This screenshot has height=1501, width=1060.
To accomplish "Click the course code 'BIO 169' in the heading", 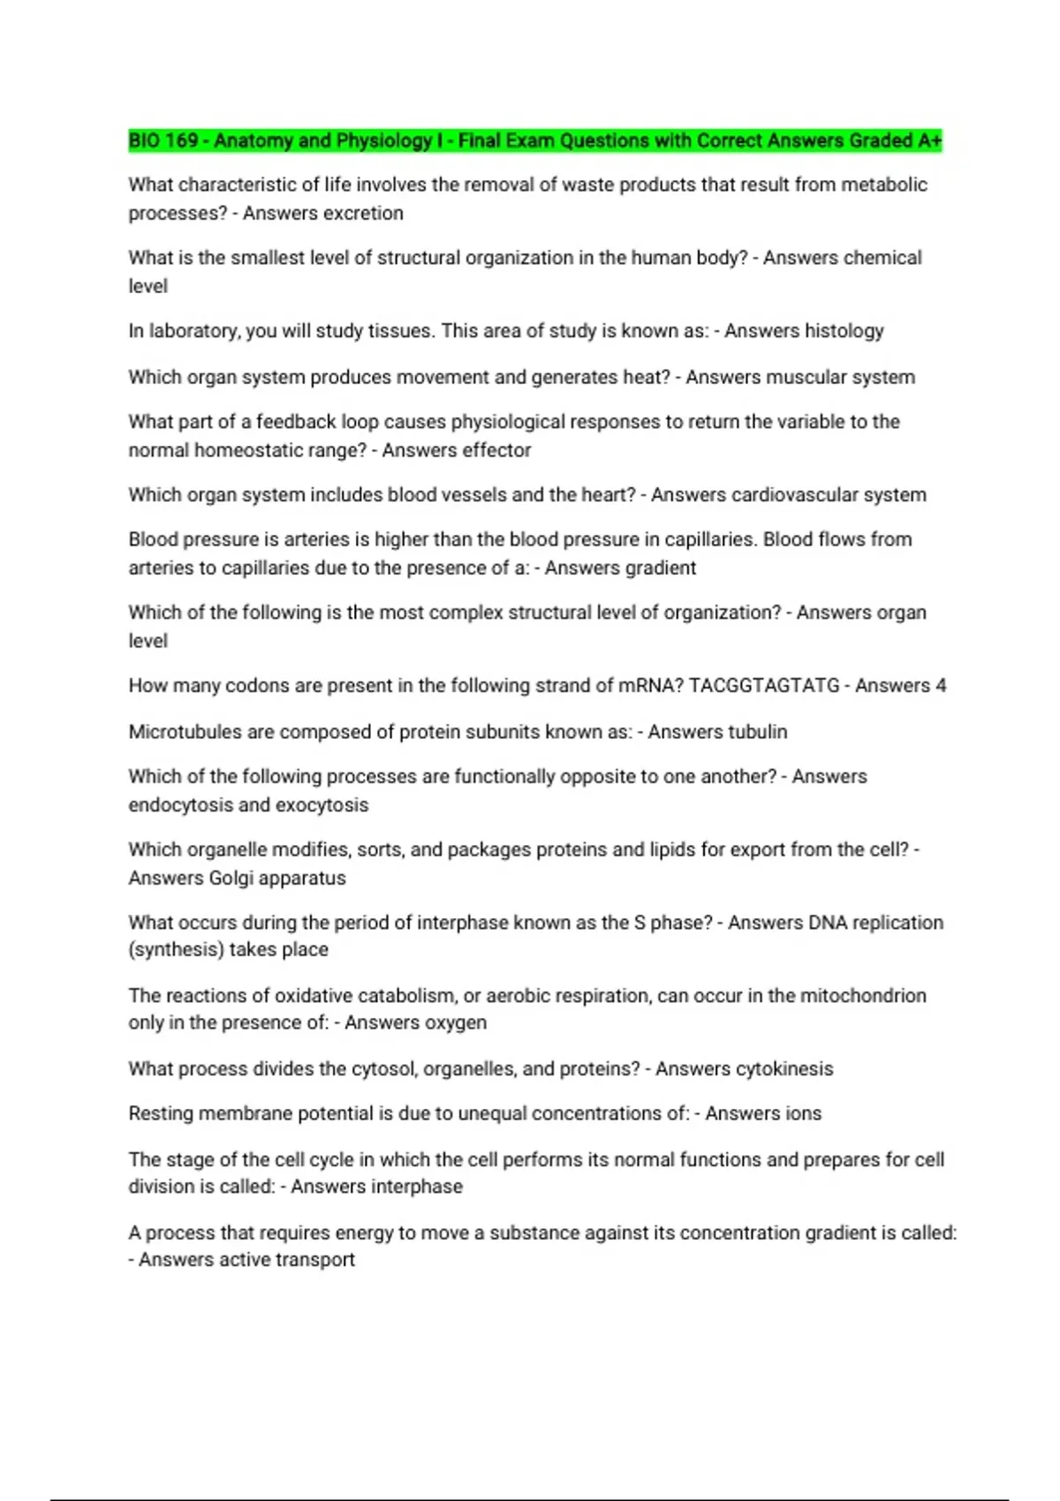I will (163, 140).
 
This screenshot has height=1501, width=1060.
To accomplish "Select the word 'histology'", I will (843, 330).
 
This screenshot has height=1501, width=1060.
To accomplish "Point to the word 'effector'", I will (493, 449).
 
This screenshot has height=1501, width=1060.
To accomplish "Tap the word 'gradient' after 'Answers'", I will (659, 568).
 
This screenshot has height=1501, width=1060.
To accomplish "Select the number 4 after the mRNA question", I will (941, 685).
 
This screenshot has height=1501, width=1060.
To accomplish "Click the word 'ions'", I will (802, 1113).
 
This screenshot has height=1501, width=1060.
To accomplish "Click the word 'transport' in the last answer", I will (315, 1259).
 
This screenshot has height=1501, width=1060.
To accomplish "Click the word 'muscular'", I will (800, 377).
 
